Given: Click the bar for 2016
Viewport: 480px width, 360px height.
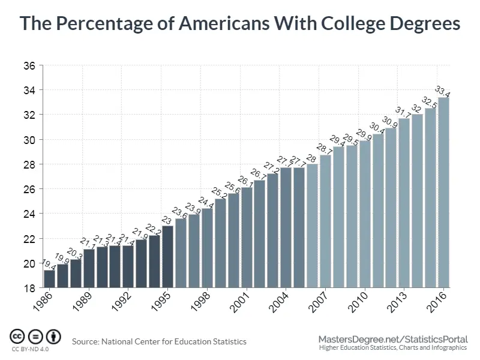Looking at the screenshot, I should click(x=443, y=192).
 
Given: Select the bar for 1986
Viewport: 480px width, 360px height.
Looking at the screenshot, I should click(x=49, y=279).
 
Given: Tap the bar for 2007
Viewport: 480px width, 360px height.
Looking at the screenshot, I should click(x=325, y=221).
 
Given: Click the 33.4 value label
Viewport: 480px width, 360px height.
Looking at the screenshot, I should click(x=443, y=92).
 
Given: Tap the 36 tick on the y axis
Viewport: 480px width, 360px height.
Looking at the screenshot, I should click(x=29, y=65).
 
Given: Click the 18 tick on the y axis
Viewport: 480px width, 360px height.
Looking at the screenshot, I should click(x=29, y=288).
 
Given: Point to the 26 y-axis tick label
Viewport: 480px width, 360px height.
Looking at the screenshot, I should click(x=29, y=189).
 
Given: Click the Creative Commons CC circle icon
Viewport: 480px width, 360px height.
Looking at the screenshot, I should click(x=17, y=336).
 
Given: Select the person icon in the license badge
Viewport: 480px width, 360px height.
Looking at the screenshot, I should click(x=55, y=336).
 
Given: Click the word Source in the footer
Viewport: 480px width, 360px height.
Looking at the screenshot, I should click(x=86, y=341).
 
